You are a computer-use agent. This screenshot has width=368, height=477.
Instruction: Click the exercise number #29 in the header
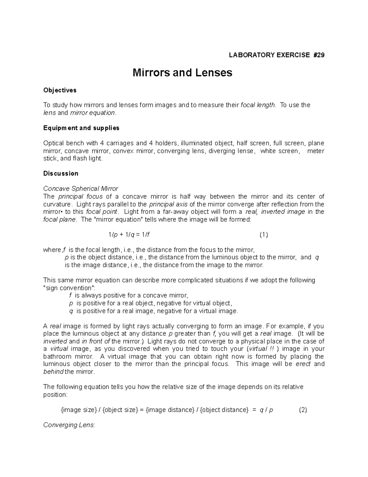(318, 55)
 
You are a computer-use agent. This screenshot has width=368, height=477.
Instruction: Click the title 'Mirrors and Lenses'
(182, 73)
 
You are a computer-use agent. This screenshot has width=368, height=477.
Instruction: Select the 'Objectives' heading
(60, 90)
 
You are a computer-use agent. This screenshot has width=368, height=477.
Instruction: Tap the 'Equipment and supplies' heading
(81, 128)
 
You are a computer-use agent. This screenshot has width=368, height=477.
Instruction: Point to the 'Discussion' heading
(61, 174)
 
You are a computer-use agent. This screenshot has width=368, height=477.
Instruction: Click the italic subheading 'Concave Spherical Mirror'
(81, 189)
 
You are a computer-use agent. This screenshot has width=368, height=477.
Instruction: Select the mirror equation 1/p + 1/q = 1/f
(129, 235)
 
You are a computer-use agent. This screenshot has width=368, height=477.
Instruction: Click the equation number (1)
(263, 235)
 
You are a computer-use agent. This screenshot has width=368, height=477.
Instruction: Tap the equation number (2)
(303, 410)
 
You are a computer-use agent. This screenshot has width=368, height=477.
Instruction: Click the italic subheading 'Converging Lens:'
(69, 425)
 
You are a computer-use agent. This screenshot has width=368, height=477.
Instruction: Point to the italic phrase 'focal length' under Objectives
(258, 105)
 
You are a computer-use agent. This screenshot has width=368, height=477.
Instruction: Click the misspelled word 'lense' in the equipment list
(246, 151)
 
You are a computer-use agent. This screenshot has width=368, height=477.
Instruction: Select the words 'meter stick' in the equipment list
(316, 151)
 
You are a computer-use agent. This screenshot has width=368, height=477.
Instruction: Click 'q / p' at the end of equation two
(266, 410)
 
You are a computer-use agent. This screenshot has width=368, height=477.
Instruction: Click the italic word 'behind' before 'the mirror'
(53, 372)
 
